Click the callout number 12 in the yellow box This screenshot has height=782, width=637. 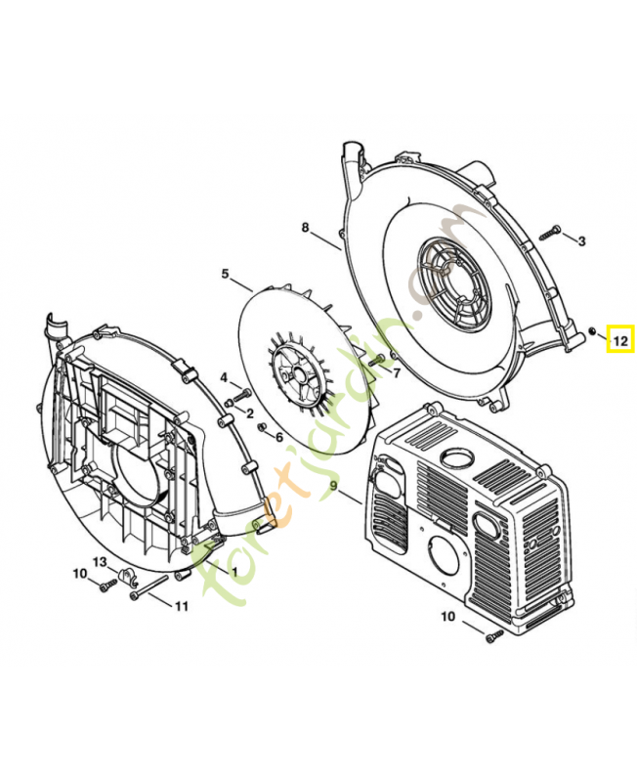[x=620, y=339]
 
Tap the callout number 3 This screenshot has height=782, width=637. [x=581, y=239]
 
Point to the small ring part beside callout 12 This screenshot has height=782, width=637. [x=593, y=331]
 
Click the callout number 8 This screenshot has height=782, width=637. [x=305, y=228]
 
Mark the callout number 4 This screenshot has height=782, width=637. [x=223, y=377]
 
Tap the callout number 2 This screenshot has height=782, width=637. [x=249, y=414]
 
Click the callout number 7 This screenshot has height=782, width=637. [x=397, y=371]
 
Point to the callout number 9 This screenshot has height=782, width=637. [x=333, y=485]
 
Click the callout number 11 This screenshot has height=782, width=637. [x=181, y=606]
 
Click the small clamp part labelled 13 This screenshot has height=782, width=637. [x=125, y=576]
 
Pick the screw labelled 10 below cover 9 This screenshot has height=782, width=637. [x=493, y=635]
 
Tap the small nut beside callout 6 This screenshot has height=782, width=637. [x=262, y=427]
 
